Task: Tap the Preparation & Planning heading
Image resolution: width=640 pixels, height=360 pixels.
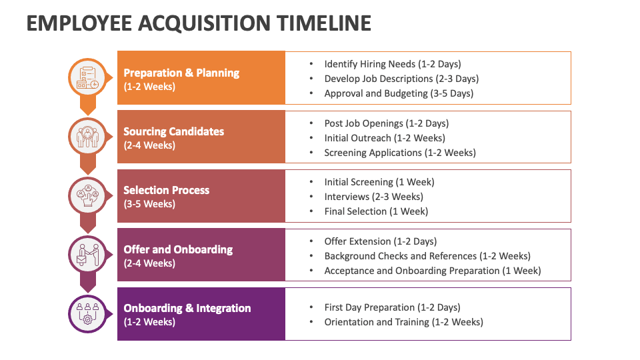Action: click(181, 73)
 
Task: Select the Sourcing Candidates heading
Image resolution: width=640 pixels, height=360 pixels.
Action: click(173, 131)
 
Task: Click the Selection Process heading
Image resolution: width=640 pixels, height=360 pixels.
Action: click(166, 190)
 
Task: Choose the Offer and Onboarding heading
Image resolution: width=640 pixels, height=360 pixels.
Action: click(178, 249)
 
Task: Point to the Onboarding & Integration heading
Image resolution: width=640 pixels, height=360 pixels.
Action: click(187, 308)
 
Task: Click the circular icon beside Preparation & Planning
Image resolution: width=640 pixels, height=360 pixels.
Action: click(87, 77)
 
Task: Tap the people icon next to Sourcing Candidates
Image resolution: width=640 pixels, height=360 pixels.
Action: click(87, 136)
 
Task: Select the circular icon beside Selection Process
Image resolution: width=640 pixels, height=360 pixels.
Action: click(87, 195)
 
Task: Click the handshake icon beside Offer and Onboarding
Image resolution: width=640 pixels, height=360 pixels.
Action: click(87, 254)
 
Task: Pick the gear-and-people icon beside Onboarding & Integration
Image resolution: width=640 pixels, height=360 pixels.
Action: click(87, 313)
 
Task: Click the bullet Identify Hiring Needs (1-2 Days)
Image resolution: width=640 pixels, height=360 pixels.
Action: click(392, 64)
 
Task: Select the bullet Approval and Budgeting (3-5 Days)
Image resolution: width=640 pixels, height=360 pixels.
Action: click(399, 93)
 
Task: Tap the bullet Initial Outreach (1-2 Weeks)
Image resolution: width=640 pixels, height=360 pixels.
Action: click(385, 138)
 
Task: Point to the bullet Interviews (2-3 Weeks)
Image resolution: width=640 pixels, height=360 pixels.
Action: click(373, 197)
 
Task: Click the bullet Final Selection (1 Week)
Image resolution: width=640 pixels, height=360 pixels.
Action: click(376, 211)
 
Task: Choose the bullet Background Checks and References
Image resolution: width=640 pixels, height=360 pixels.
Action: click(427, 256)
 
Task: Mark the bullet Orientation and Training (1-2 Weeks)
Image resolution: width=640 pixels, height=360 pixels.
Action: click(403, 322)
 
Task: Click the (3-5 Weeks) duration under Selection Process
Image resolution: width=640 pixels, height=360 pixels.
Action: click(149, 204)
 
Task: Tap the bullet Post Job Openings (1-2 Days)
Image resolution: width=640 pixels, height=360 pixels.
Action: click(386, 123)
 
